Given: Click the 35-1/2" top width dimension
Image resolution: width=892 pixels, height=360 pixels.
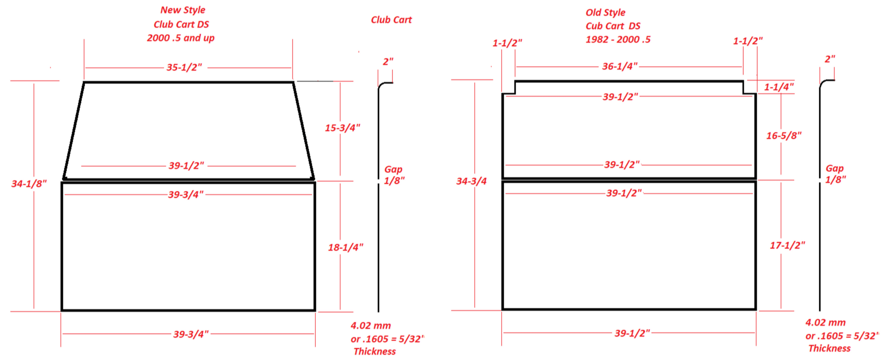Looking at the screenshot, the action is [184, 67].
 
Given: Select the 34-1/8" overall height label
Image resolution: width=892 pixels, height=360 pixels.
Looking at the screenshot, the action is [29, 184].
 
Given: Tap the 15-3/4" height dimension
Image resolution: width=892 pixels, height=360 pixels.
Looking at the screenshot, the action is [343, 128].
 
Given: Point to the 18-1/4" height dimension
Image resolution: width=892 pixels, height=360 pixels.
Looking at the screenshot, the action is [345, 247].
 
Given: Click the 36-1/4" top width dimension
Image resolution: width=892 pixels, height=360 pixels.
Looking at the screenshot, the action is [620, 66].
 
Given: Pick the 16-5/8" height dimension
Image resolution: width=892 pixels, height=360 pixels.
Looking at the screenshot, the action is [784, 136].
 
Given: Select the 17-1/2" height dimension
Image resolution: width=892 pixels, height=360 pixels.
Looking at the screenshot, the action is [787, 246].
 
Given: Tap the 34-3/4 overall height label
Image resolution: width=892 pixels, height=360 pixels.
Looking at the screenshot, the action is [471, 181].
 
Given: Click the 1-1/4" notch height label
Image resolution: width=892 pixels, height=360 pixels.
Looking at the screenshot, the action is [779, 87].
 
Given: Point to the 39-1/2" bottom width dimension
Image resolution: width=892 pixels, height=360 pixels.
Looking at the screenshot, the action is [632, 333].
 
